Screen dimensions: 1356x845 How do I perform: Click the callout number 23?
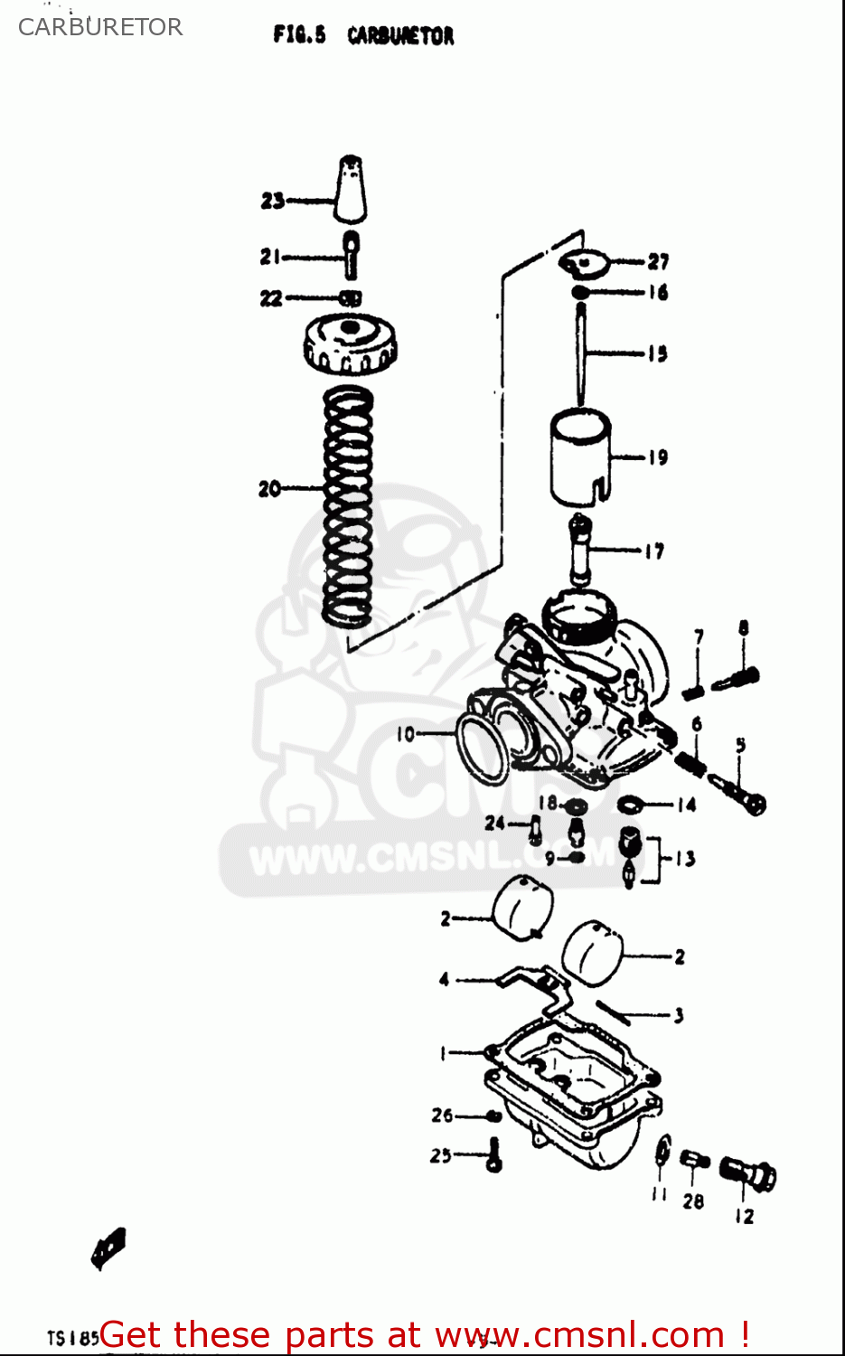pos(272,201)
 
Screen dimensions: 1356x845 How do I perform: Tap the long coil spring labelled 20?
pos(348,506)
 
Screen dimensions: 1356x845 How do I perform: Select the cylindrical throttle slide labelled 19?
pos(581,457)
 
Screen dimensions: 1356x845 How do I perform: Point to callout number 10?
pos(405,734)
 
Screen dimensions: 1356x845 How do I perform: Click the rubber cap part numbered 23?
pos(351,190)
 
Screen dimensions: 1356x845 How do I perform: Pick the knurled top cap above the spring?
pos(351,344)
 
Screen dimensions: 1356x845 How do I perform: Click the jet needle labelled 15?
pos(582,353)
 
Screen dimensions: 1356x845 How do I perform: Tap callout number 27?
pos(658,262)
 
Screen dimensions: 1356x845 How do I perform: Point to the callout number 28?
pos(693,1201)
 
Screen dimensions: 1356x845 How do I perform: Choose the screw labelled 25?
pos(493,1155)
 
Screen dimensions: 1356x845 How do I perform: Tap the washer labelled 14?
pos(631,804)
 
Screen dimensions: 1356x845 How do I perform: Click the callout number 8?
pos(743,627)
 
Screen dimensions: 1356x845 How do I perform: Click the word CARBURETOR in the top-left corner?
pos(100,27)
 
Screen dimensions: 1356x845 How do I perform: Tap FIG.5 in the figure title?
pos(299,35)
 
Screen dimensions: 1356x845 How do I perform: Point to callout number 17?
pos(654,551)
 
